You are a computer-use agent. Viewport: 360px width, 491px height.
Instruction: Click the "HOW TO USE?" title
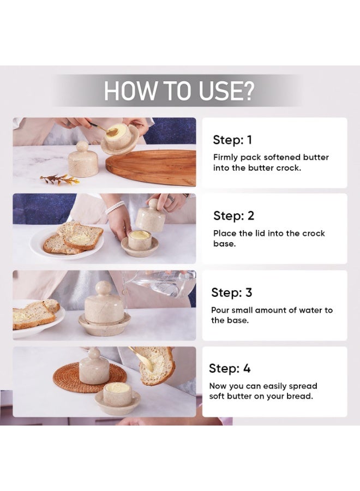tap(179, 91)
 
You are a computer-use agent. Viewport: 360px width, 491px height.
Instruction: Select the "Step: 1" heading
tap(232, 140)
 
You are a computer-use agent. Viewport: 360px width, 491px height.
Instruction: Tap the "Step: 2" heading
tap(233, 216)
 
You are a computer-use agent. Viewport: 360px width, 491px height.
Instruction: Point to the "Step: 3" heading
tap(232, 293)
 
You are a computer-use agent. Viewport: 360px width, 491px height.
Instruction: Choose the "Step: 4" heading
tap(230, 369)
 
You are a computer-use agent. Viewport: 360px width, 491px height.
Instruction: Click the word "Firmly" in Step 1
tap(226, 157)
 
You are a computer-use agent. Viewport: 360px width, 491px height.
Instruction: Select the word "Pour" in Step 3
tap(221, 310)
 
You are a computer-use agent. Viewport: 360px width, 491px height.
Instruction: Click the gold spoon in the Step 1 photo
tap(105, 129)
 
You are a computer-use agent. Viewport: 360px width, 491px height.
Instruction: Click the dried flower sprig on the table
tap(60, 179)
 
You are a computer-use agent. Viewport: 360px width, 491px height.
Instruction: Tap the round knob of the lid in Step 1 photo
tap(82, 146)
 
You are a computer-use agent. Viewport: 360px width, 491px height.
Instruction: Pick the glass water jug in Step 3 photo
tap(161, 285)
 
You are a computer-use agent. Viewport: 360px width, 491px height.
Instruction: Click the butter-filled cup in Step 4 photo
tap(117, 394)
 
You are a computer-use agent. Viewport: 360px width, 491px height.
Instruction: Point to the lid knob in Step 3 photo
tap(104, 288)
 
